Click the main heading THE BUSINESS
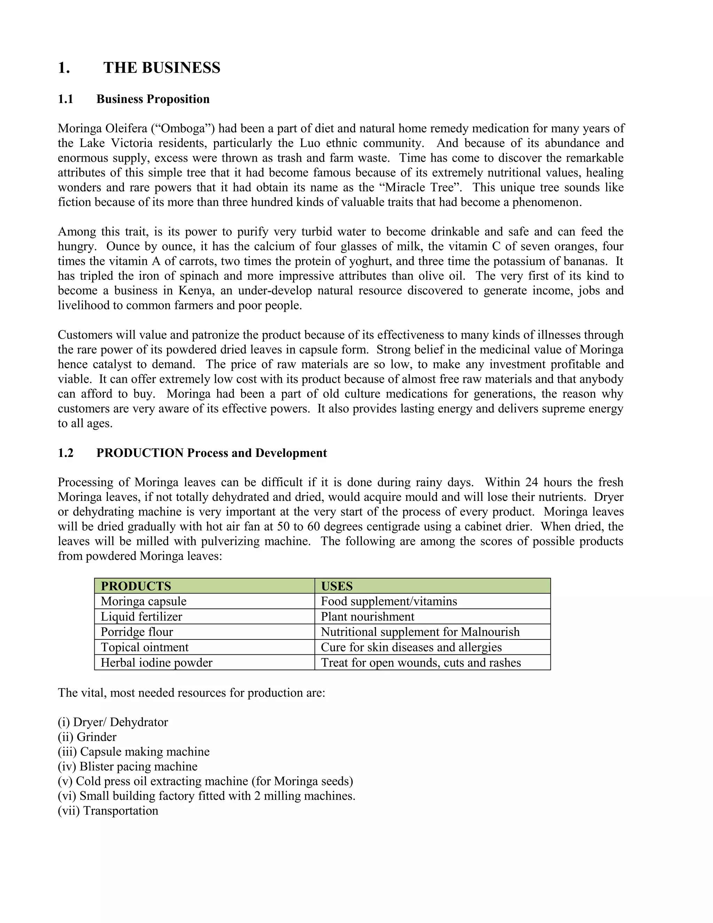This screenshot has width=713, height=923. point(162,68)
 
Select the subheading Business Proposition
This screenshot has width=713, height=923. point(153,99)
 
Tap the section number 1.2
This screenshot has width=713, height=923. point(65,453)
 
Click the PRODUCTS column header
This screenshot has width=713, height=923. point(136,586)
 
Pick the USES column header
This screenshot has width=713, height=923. point(337,586)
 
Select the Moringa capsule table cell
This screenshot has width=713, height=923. point(144,602)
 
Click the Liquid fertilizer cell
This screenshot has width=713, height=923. point(141,616)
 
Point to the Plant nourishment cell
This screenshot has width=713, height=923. point(368,616)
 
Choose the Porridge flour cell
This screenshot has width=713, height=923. point(137,632)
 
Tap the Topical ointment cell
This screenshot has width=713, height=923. point(144,647)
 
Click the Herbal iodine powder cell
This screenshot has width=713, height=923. point(156,663)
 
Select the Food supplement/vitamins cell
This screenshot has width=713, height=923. point(389,602)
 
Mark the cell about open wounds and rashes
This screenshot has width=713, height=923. point(421,663)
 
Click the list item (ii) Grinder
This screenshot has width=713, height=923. point(87,737)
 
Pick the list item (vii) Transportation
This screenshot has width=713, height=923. point(108,810)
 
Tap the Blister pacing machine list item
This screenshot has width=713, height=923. point(127,767)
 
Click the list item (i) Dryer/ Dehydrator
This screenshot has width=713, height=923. point(113,722)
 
